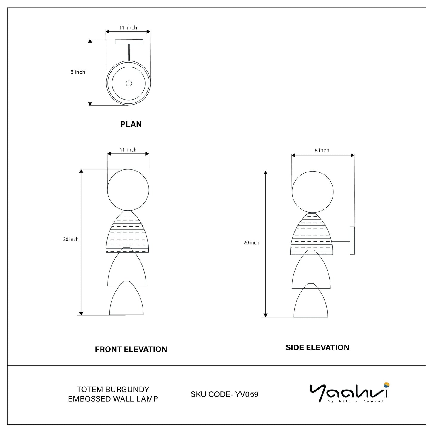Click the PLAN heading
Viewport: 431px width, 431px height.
(x=131, y=124)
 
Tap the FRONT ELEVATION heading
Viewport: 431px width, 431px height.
(x=131, y=349)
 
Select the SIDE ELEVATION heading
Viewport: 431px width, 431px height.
(x=317, y=347)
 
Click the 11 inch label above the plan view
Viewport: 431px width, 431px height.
(x=128, y=27)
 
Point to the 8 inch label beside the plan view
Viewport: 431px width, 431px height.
(x=78, y=72)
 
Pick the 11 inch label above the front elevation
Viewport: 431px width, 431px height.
(x=128, y=150)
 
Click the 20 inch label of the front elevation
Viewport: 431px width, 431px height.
(x=71, y=239)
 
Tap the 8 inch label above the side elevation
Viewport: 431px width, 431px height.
(x=322, y=151)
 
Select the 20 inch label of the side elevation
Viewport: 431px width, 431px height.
(x=251, y=242)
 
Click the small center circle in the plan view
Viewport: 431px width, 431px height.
(x=129, y=84)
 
